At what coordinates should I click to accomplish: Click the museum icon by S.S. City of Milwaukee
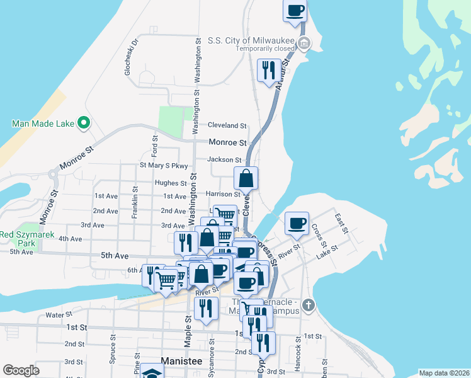[304, 43]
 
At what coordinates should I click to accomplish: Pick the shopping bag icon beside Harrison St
[246, 178]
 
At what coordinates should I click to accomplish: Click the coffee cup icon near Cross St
[297, 223]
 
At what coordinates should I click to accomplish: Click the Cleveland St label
[227, 126]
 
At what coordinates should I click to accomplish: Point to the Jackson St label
[228, 160]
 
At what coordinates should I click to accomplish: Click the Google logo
[21, 370]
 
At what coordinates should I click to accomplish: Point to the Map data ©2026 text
[444, 372]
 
